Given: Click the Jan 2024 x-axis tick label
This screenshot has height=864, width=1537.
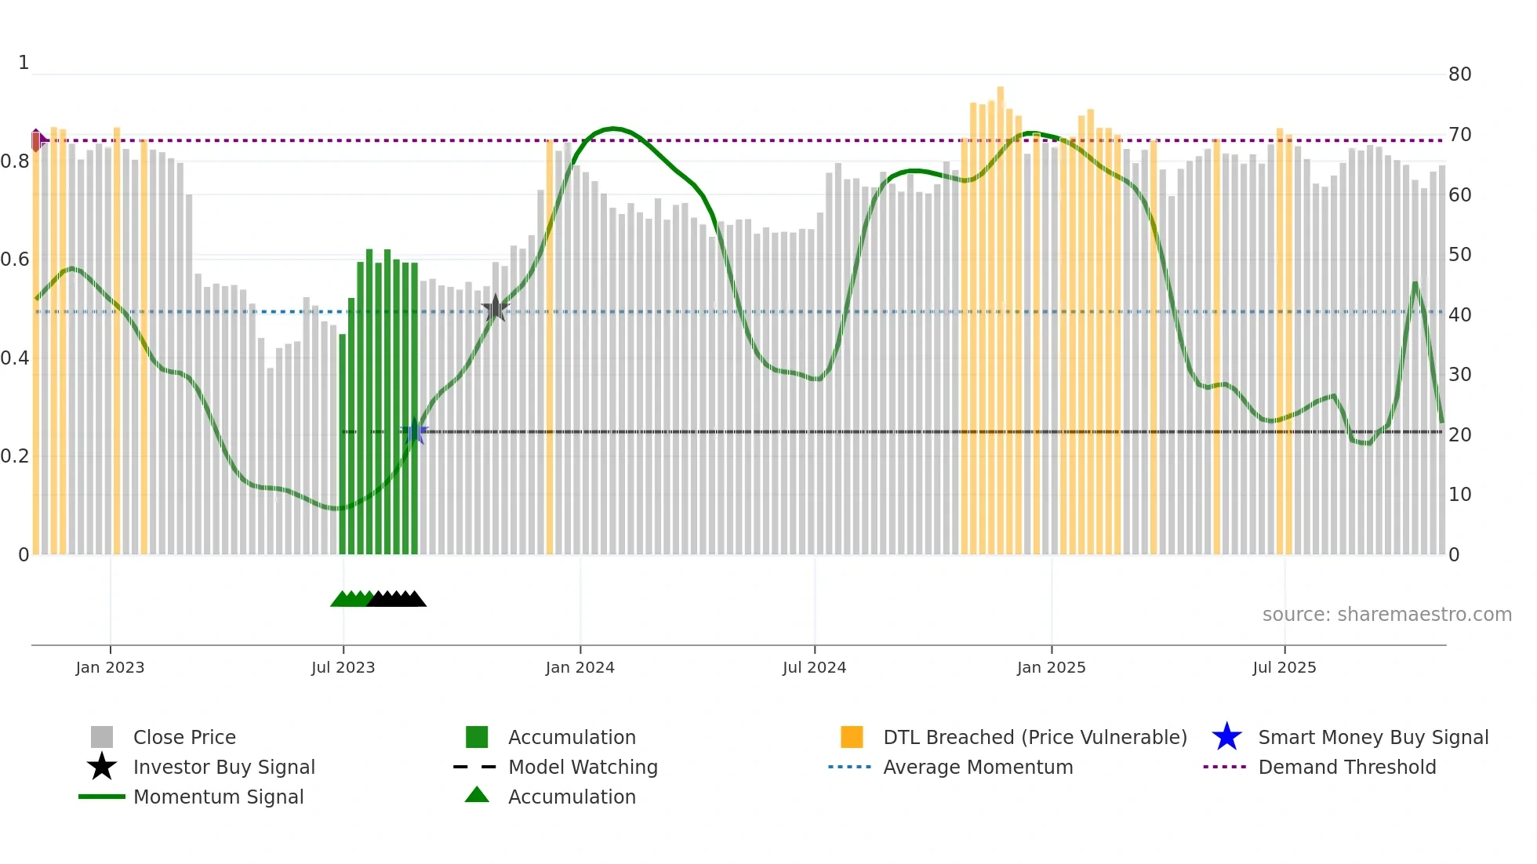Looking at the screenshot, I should pyautogui.click(x=580, y=667).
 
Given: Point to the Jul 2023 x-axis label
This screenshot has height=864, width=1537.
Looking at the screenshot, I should pyautogui.click(x=343, y=667).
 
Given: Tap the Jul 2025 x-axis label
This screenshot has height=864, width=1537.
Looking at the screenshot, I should pyautogui.click(x=1284, y=667).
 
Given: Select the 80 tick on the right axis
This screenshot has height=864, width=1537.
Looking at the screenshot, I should pyautogui.click(x=1459, y=74).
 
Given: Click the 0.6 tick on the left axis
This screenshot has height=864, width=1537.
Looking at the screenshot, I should pyautogui.click(x=15, y=260).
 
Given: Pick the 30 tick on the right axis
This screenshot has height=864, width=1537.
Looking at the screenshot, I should pyautogui.click(x=1459, y=375).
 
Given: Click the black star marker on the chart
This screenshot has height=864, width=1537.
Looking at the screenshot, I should pyautogui.click(x=495, y=308).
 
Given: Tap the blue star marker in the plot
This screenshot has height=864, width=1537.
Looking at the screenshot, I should pyautogui.click(x=415, y=431).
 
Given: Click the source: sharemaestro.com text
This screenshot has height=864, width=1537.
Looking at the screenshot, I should pyautogui.click(x=1386, y=614).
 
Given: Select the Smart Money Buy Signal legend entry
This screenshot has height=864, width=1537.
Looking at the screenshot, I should pyautogui.click(x=1372, y=737).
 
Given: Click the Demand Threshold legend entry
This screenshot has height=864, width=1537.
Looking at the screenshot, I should pyautogui.click(x=1346, y=767).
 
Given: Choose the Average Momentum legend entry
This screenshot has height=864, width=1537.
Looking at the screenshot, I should pyautogui.click(x=977, y=767).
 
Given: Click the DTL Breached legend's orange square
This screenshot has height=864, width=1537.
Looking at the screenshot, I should pyautogui.click(x=852, y=737).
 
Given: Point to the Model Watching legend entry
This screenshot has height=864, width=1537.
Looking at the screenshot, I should pyautogui.click(x=582, y=767).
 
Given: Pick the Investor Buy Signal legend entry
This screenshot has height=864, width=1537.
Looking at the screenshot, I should pyautogui.click(x=223, y=767).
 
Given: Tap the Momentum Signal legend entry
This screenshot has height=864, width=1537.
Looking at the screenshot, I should pyautogui.click(x=218, y=797).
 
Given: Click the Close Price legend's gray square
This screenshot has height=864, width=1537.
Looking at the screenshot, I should pyautogui.click(x=102, y=737).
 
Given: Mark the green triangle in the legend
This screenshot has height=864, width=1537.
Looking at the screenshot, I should pyautogui.click(x=477, y=795).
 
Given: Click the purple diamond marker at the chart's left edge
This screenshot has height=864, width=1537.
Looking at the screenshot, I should pyautogui.click(x=37, y=140).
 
